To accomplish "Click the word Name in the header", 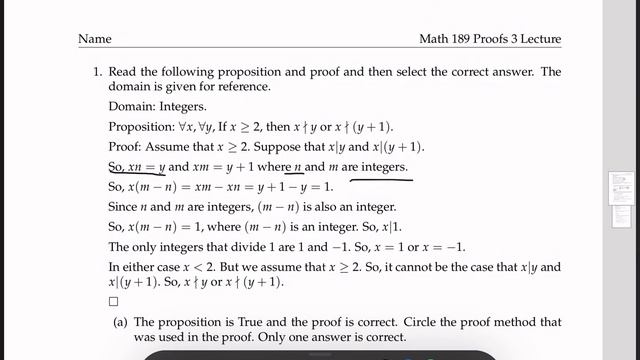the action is tap(94, 39).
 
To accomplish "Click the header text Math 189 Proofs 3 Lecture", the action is tap(490, 39).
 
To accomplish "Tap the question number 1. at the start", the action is tap(99, 72).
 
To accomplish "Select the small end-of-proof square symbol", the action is tap(113, 301).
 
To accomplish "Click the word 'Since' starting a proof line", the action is tap(124, 207).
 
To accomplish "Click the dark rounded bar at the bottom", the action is tap(320, 355).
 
